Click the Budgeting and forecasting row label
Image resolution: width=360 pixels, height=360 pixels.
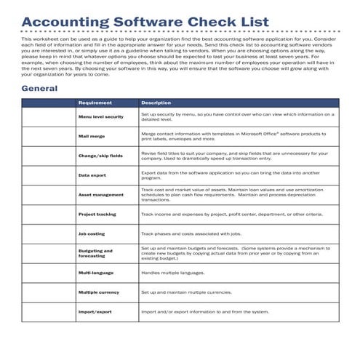[95, 253]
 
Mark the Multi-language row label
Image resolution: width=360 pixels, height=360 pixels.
[95, 273]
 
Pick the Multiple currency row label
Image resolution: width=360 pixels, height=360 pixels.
[98, 292]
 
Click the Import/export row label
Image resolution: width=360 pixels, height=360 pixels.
[95, 312]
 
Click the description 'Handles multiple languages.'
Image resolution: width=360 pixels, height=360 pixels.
[173, 273]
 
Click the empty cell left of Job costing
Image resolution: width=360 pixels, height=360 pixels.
[48, 234]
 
